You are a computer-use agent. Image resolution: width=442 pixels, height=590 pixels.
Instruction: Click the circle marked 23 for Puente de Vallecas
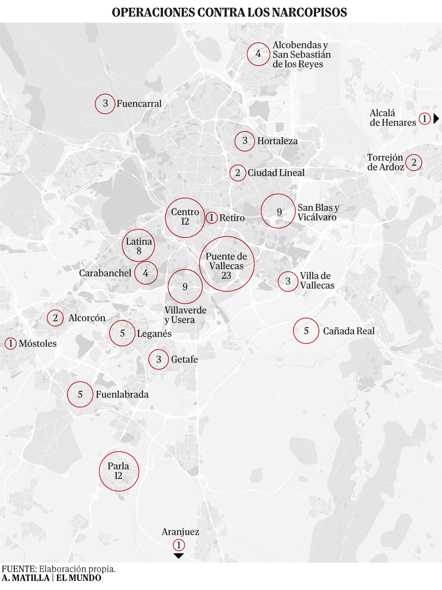tap(226, 264)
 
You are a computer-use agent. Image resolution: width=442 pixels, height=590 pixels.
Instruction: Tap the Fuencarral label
tap(139, 104)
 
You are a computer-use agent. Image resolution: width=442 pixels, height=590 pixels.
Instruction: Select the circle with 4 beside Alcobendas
tap(258, 54)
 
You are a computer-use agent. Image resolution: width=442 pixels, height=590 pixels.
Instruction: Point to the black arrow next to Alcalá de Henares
tap(436, 118)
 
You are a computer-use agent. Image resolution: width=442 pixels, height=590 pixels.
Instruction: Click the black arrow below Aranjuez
tap(179, 556)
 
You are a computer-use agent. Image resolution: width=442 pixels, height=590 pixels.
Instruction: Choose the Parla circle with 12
tap(119, 471)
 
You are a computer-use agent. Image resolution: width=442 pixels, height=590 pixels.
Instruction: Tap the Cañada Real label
tap(348, 331)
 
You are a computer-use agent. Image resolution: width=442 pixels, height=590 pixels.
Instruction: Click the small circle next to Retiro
tap(211, 218)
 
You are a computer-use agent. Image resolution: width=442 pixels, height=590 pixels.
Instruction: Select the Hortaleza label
tap(277, 141)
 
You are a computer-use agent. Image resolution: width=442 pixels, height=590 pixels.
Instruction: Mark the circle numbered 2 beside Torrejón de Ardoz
tap(414, 162)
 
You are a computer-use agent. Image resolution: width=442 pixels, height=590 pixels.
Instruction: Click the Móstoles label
tap(38, 343)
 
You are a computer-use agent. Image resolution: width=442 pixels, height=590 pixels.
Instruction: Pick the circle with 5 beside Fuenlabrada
tap(80, 394)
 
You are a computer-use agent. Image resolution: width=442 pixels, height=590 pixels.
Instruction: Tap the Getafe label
tap(184, 359)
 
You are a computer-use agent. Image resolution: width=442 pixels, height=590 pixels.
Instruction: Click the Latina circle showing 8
tap(139, 246)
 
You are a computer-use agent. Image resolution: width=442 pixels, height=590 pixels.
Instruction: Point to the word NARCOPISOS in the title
tap(306, 12)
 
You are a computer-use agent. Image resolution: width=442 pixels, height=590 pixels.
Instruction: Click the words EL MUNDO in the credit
tap(79, 578)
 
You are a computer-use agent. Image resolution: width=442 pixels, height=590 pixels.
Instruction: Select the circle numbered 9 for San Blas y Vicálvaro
tap(279, 211)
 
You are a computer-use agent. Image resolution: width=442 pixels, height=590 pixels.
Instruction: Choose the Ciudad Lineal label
tap(276, 173)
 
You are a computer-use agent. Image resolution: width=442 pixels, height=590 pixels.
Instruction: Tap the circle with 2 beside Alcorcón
tap(55, 318)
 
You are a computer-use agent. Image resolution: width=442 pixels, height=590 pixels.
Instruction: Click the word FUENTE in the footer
tap(19, 569)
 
